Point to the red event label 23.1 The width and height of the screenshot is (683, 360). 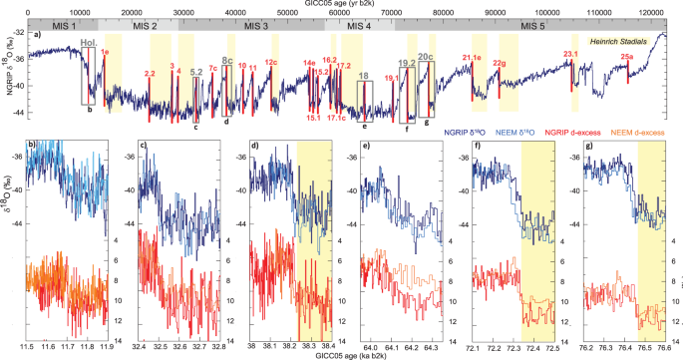pyautogui.click(x=571, y=54)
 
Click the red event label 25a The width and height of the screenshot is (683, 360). pyautogui.click(x=626, y=58)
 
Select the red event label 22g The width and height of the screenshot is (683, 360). pyautogui.click(x=499, y=64)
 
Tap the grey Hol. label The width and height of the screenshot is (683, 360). pyautogui.click(x=88, y=43)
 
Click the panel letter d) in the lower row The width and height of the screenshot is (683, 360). pyautogui.click(x=256, y=147)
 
